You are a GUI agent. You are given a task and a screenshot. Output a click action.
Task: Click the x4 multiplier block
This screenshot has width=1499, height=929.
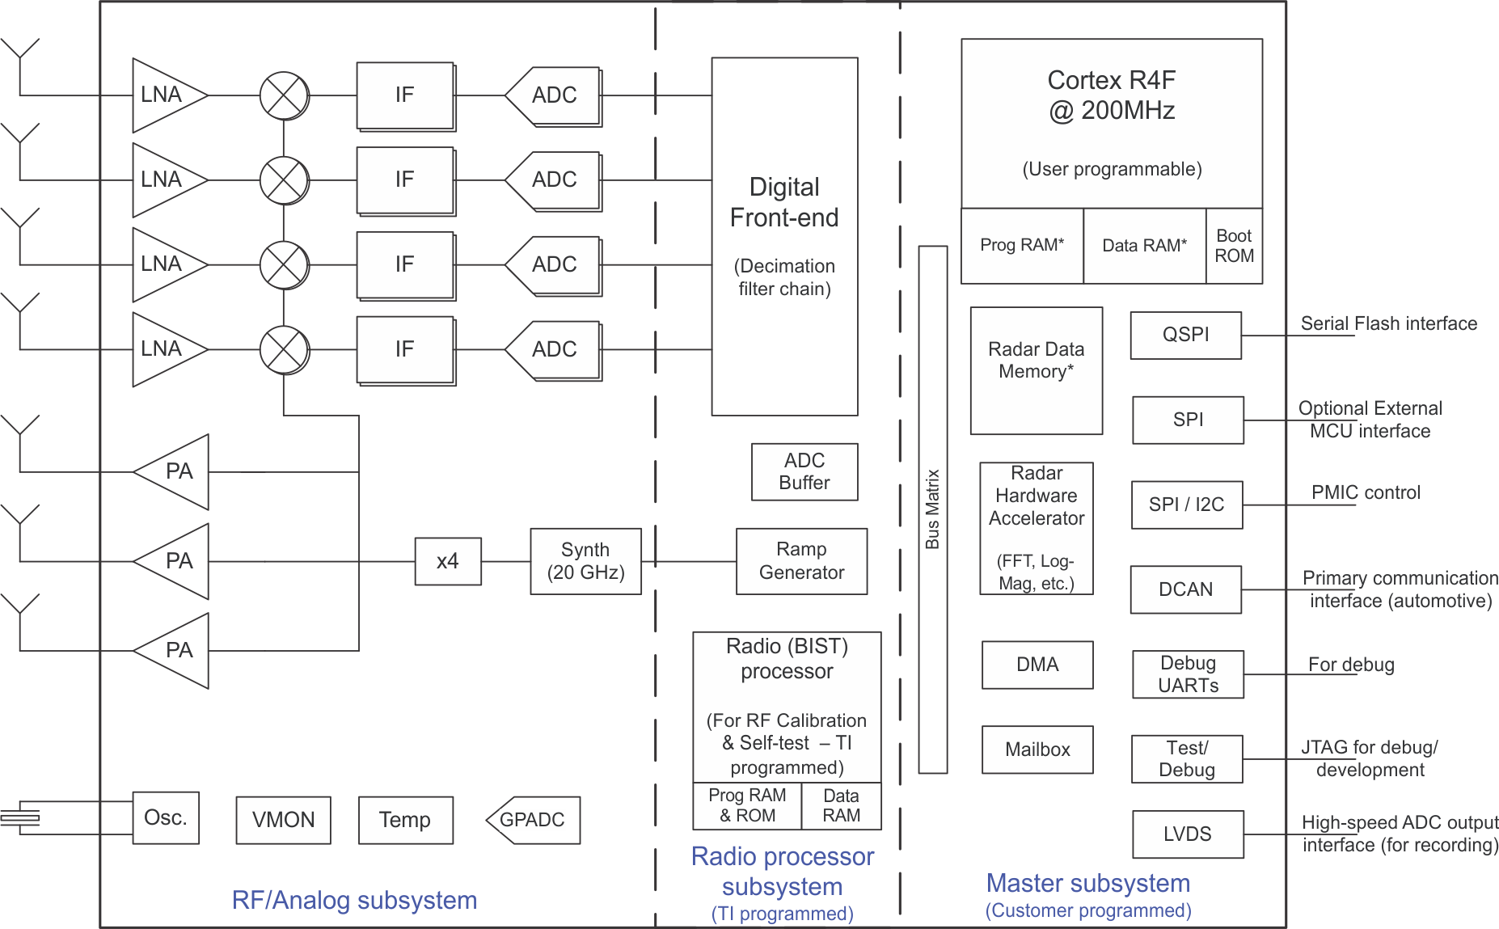click(x=448, y=561)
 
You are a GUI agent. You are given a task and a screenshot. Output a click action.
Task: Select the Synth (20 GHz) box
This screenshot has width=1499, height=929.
click(x=585, y=561)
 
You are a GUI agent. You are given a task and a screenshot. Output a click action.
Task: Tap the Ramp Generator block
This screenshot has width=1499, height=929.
click(x=801, y=561)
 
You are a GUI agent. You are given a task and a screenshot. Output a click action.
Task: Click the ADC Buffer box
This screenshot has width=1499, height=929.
click(x=804, y=471)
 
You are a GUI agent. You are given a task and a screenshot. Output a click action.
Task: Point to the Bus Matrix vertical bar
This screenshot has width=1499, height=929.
click(x=932, y=509)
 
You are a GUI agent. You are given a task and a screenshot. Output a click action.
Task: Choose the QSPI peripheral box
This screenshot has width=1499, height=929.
click(x=1185, y=335)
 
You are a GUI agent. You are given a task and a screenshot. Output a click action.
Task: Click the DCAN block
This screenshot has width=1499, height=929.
click(x=1185, y=589)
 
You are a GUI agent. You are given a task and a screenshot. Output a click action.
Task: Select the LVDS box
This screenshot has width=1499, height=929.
click(x=1187, y=834)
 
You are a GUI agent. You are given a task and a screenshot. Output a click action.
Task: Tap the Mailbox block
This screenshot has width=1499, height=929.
click(x=1037, y=750)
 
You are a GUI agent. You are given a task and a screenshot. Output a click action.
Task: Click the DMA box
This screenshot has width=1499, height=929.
click(x=1037, y=665)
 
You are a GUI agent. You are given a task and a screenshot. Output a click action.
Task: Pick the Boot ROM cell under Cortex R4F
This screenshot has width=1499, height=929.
click(x=1234, y=246)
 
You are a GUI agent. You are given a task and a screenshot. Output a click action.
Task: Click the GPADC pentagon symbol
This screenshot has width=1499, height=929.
click(x=533, y=820)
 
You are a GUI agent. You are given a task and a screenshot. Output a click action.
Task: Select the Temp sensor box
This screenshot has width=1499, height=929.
click(x=405, y=820)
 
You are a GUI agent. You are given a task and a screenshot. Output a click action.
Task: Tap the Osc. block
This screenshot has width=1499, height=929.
click(x=166, y=817)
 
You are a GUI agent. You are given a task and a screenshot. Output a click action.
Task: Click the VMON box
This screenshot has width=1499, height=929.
click(x=283, y=820)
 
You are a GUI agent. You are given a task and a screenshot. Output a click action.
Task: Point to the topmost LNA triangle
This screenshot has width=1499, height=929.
click(x=165, y=95)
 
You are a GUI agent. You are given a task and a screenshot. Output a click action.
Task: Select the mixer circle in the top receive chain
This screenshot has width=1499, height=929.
click(x=284, y=95)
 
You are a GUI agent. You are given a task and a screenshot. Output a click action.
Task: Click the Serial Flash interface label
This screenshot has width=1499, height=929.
click(x=1388, y=323)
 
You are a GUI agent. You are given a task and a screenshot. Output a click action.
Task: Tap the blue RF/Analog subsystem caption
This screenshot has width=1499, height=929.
click(x=354, y=900)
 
